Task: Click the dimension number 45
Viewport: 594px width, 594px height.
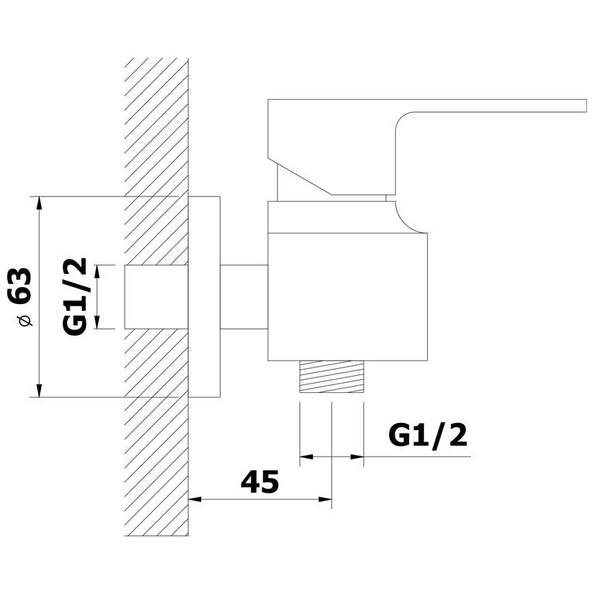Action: click(260, 482)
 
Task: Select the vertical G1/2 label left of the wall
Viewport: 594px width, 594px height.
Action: click(75, 297)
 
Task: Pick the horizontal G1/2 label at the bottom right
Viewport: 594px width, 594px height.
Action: click(428, 436)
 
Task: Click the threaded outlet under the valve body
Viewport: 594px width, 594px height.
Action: click(332, 377)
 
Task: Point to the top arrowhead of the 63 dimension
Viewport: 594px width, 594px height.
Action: click(39, 203)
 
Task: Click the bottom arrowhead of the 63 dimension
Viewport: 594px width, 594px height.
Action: click(39, 391)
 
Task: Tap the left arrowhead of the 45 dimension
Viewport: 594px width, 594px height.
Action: click(195, 500)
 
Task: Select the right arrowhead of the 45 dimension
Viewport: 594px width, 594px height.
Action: click(325, 500)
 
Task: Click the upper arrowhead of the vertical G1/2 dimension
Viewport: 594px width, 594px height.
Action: click(97, 271)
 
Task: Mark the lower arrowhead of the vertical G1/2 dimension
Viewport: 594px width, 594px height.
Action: click(97, 322)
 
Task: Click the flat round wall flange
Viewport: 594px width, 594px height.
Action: click(204, 297)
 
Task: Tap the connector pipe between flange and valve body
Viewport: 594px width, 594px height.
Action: click(244, 297)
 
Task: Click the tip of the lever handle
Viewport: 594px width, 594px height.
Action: click(585, 106)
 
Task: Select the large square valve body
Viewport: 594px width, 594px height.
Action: click(347, 297)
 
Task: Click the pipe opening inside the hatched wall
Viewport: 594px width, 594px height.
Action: click(156, 297)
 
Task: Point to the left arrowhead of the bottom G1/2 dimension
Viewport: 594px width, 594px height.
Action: click(306, 457)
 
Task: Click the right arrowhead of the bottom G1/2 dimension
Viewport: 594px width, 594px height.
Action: click(357, 457)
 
